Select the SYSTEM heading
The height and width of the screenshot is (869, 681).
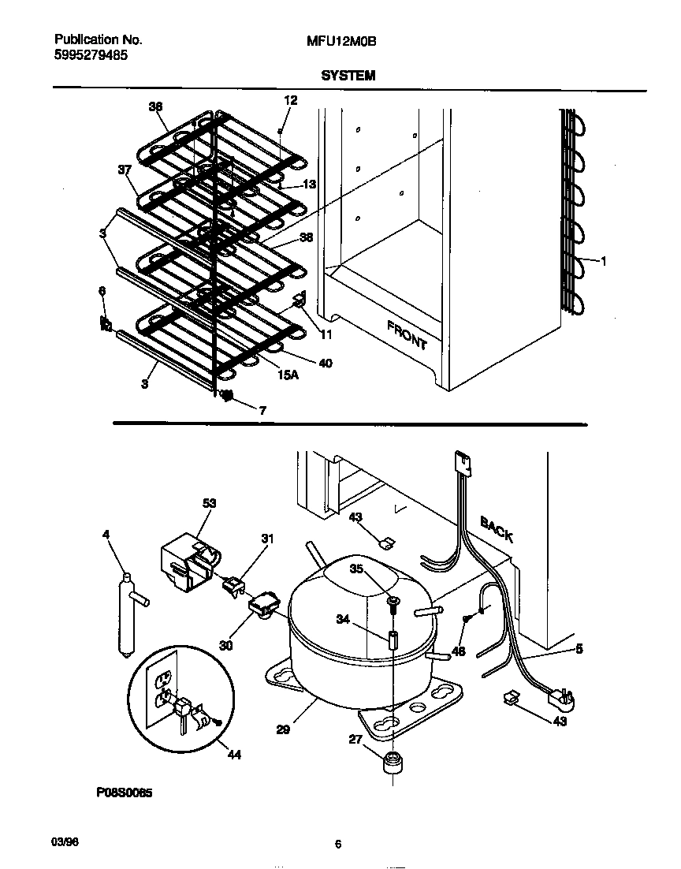coord(348,76)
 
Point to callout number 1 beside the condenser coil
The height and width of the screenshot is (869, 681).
coord(604,262)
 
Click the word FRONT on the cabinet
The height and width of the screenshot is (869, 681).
coord(407,335)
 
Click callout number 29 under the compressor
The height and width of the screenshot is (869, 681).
coord(283,729)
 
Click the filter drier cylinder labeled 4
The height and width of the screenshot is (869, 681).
coord(125,611)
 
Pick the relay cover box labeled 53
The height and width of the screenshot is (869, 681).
coord(187,561)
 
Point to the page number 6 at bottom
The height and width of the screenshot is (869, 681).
coord(337,845)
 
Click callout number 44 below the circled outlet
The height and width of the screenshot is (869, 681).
coord(234,755)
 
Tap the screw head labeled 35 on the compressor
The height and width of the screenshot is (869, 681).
coord(392,603)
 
